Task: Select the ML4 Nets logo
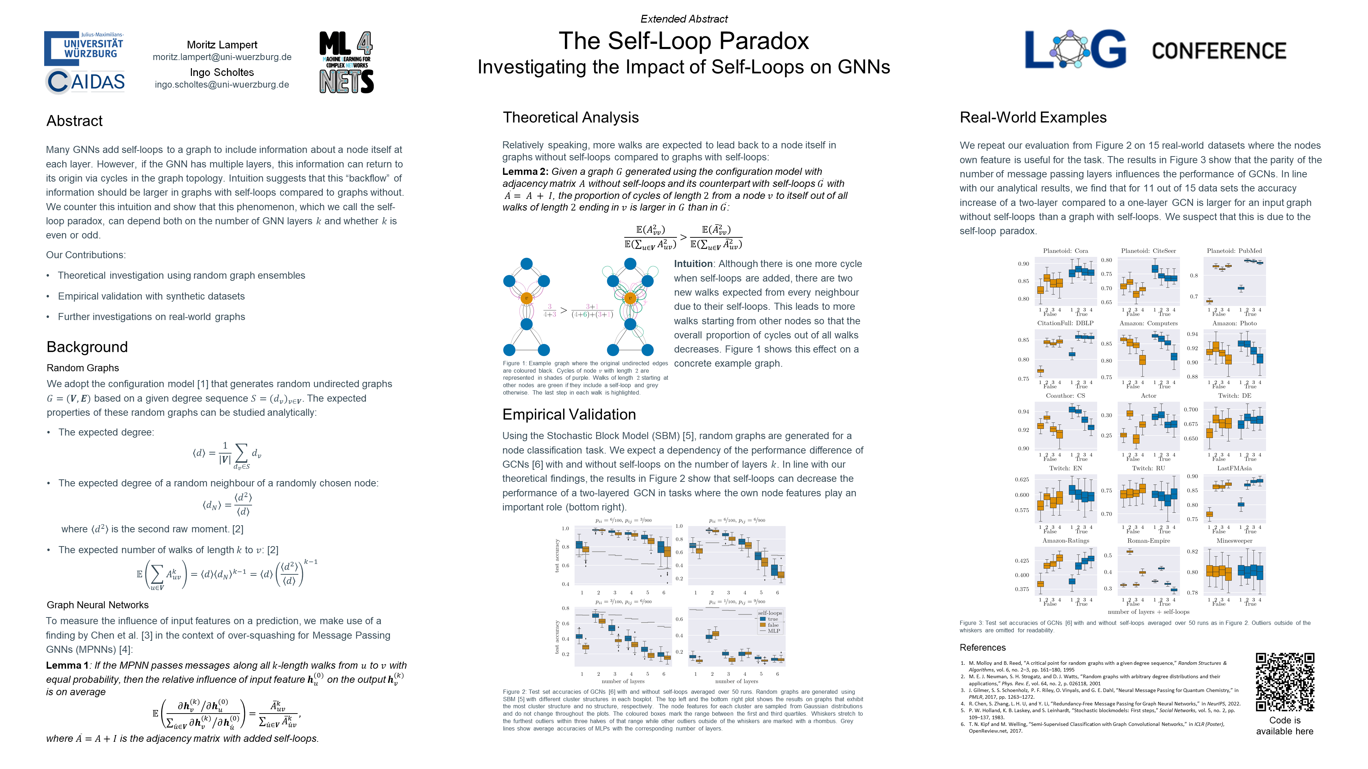[346, 62]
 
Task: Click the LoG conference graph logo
[1075, 49]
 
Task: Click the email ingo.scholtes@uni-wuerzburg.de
[222, 84]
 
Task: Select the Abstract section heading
[74, 121]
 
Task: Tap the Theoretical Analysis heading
[571, 117]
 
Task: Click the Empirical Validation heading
[569, 414]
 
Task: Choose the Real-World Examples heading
[1033, 117]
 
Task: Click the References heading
[982, 647]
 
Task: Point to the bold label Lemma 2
[525, 171]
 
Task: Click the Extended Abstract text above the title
[684, 19]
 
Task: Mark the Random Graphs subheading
[83, 368]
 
